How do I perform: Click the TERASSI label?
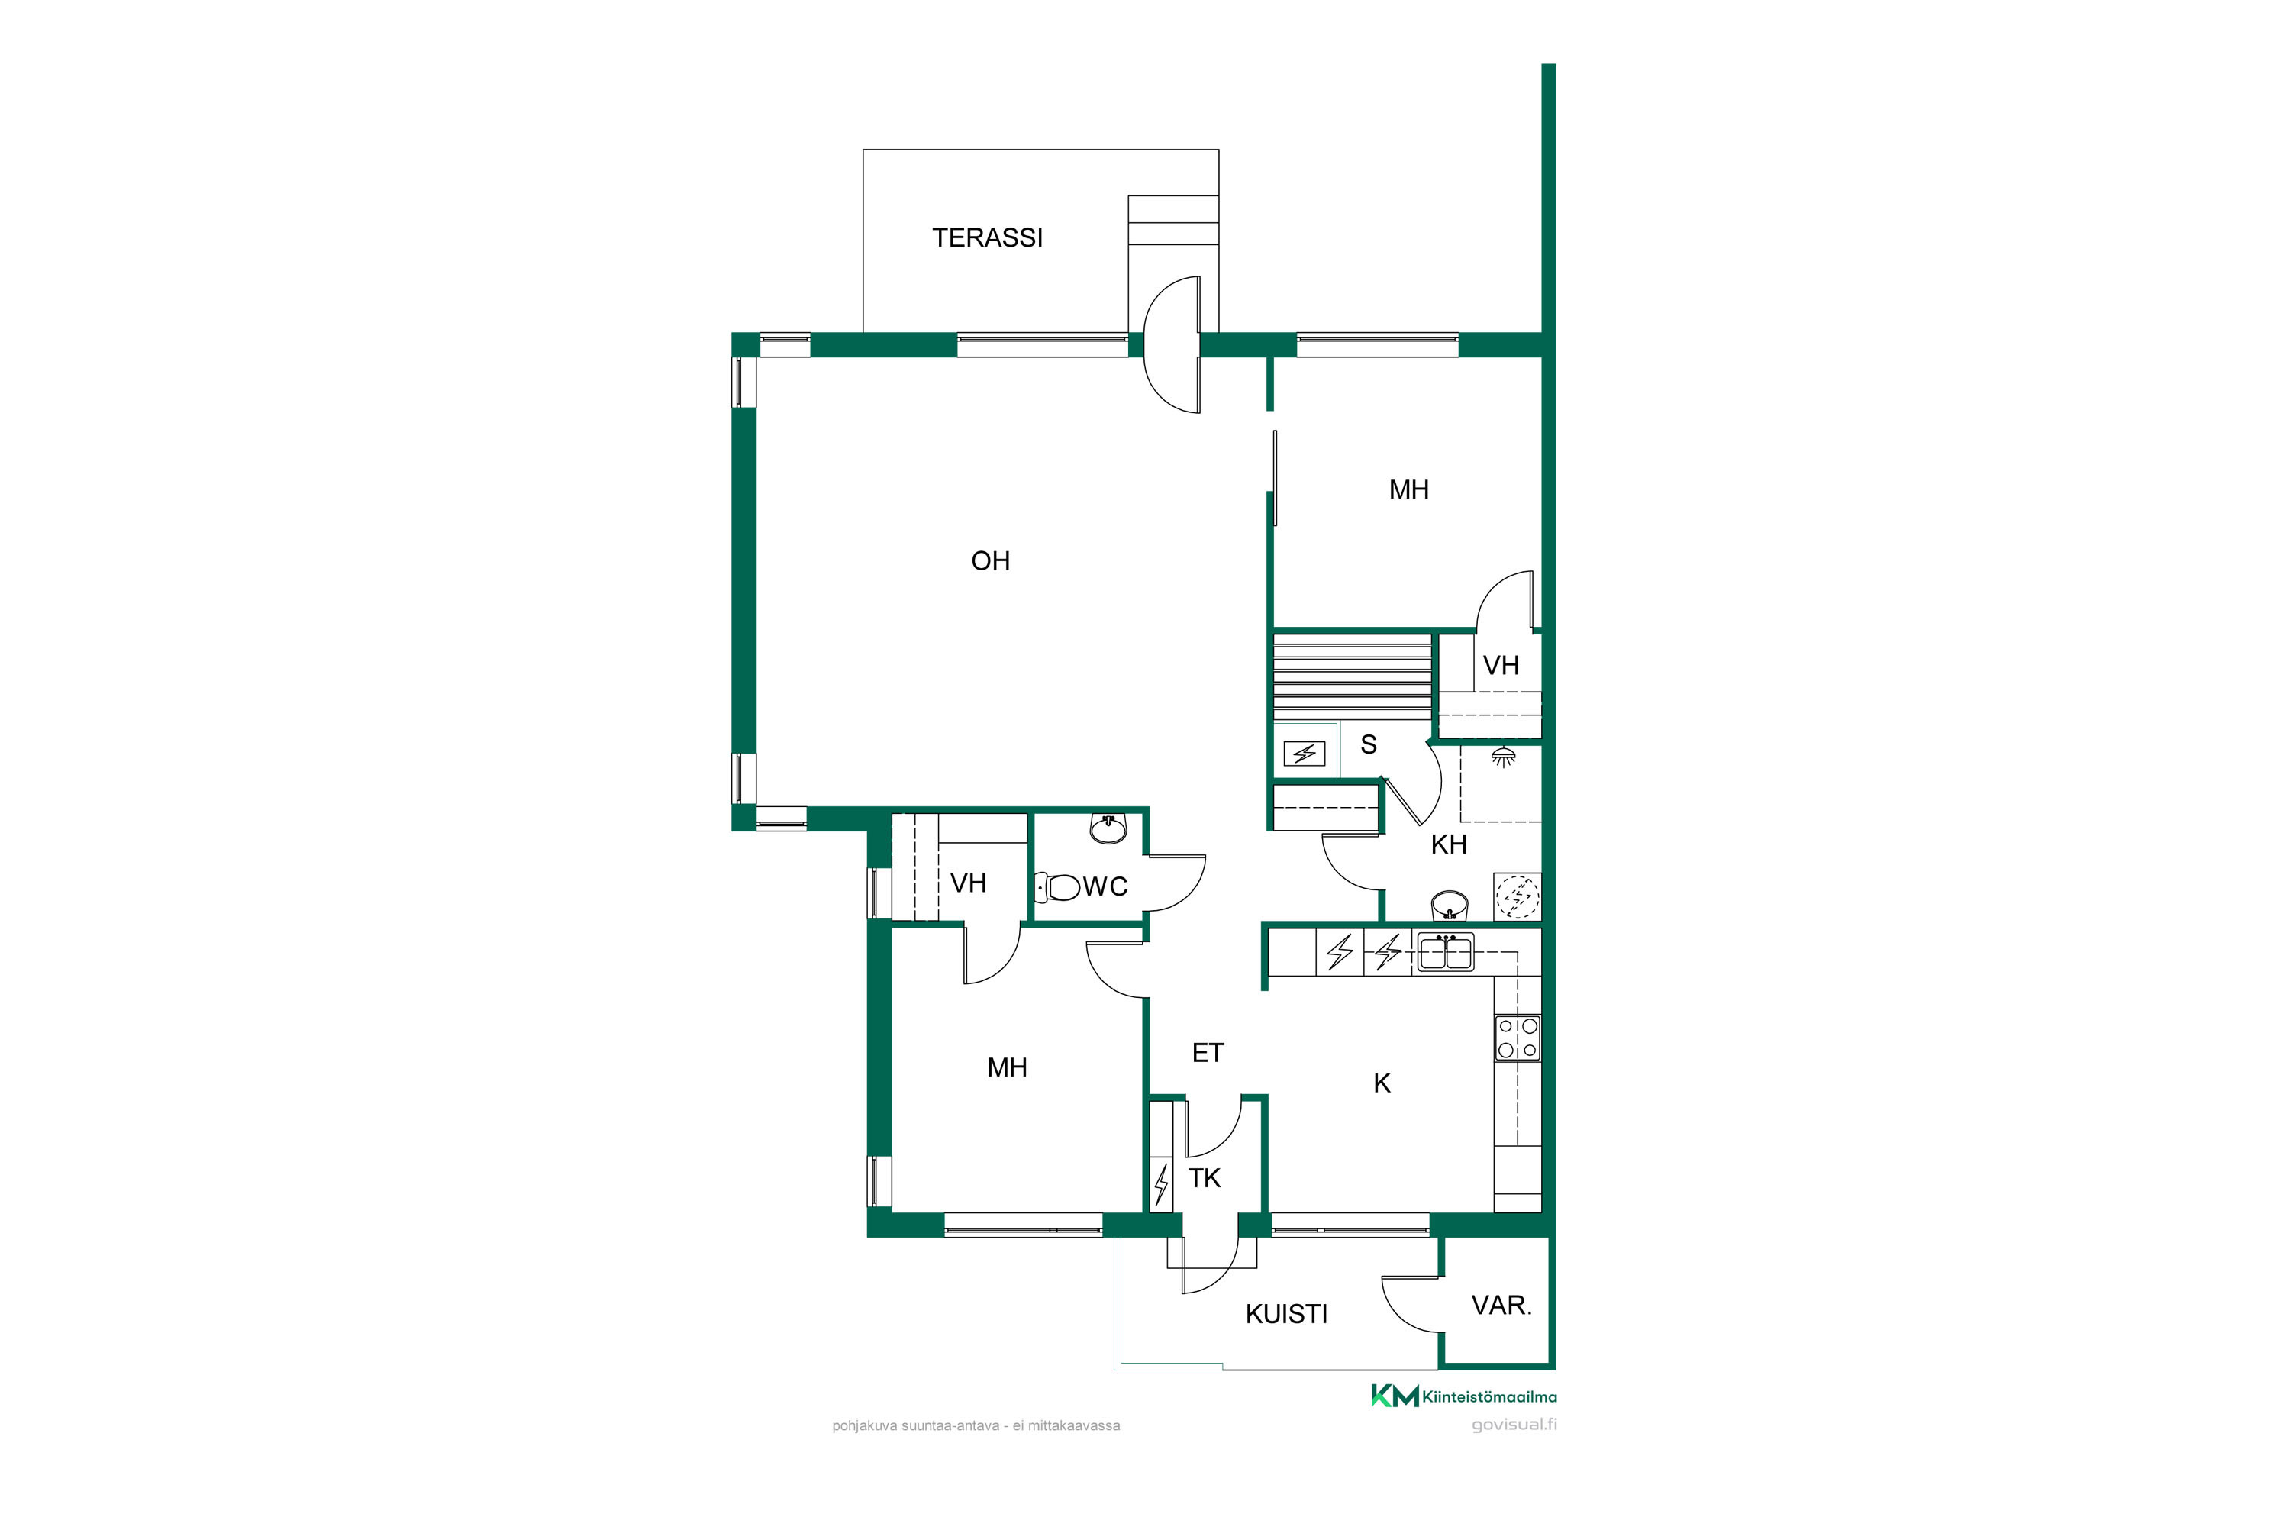click(x=987, y=237)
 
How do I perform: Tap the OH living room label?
click(x=990, y=561)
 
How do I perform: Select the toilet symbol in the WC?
click(x=1057, y=887)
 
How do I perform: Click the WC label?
click(x=1105, y=886)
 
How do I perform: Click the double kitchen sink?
click(x=1445, y=951)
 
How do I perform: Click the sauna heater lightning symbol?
click(x=1304, y=754)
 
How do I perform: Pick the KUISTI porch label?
click(x=1286, y=1315)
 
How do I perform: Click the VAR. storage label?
click(x=1501, y=1305)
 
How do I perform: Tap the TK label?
click(x=1204, y=1178)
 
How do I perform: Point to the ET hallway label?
click(x=1208, y=1053)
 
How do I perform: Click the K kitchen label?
click(x=1382, y=1083)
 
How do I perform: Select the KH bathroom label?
click(x=1449, y=844)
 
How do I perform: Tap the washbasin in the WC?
click(x=1108, y=828)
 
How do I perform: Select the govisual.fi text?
click(x=1514, y=1424)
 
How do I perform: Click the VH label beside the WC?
click(x=968, y=883)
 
